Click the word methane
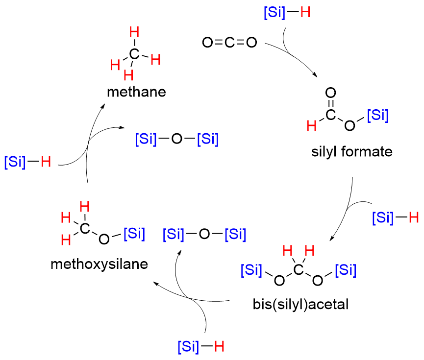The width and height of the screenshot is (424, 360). tap(137, 92)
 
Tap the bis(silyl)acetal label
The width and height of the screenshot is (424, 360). tap(300, 304)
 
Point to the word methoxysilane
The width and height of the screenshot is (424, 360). tap(100, 264)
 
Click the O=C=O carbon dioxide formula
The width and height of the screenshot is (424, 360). tap(229, 43)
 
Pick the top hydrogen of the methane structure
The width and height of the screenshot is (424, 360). tap(134, 33)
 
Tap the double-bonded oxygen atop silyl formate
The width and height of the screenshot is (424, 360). tap(331, 93)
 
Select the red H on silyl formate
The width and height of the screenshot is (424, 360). tap(311, 126)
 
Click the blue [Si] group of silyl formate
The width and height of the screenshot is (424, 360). tap(377, 116)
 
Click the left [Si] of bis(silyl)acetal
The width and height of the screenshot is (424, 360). tap(251, 270)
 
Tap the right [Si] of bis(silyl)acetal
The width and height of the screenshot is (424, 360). tap(346, 270)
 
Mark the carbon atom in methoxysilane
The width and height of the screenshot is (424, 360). tap(85, 227)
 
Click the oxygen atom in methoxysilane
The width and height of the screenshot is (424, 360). tap(103, 239)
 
